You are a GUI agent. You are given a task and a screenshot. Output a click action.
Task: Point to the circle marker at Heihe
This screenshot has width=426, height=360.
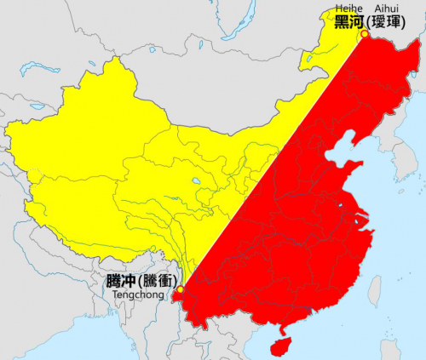[364, 34]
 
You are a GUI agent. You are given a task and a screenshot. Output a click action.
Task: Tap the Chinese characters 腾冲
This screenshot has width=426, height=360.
[118, 280]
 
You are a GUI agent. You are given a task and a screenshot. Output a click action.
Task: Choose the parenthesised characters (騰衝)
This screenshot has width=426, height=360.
[156, 280]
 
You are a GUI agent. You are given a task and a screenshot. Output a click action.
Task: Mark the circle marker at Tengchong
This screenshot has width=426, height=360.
[179, 290]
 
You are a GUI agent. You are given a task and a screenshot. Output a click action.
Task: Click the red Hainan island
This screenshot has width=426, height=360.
[278, 346]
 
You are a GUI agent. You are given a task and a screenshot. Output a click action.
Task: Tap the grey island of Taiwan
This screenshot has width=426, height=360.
[374, 291]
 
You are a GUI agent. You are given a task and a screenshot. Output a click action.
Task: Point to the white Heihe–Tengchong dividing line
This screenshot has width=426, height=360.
[273, 162]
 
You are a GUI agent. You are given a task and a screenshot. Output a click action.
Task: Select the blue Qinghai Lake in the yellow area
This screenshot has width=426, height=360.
[198, 181]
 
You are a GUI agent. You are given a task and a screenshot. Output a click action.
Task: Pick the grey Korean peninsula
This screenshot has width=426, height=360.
[393, 162]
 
